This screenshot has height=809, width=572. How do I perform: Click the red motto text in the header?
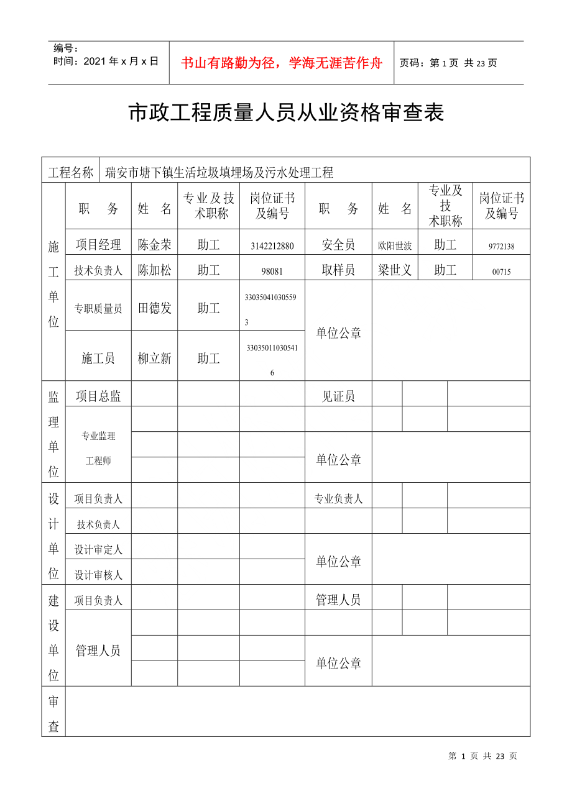[281, 63]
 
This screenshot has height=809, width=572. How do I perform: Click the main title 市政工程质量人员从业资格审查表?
[286, 113]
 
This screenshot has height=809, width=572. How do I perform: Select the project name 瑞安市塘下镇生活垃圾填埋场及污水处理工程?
[219, 173]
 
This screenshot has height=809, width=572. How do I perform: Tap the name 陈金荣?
[154, 245]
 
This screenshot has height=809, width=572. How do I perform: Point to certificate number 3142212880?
[272, 246]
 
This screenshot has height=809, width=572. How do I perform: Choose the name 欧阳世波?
[395, 246]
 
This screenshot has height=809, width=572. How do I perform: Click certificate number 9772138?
[501, 247]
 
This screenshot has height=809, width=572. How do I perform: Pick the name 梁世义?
[395, 270]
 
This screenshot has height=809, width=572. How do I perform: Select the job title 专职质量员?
[98, 308]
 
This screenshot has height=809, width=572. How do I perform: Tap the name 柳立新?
[154, 359]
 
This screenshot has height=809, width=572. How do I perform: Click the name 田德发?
[154, 308]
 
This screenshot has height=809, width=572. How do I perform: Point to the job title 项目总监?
[98, 396]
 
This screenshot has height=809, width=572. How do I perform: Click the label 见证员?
[338, 396]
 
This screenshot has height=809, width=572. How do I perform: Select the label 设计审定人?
[98, 550]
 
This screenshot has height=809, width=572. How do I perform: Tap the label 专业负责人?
[338, 498]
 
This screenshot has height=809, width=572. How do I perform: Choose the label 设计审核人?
[98, 575]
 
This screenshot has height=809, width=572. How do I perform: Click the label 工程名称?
[71, 173]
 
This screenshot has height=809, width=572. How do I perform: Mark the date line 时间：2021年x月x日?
[106, 61]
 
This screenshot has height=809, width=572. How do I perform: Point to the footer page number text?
[482, 756]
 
